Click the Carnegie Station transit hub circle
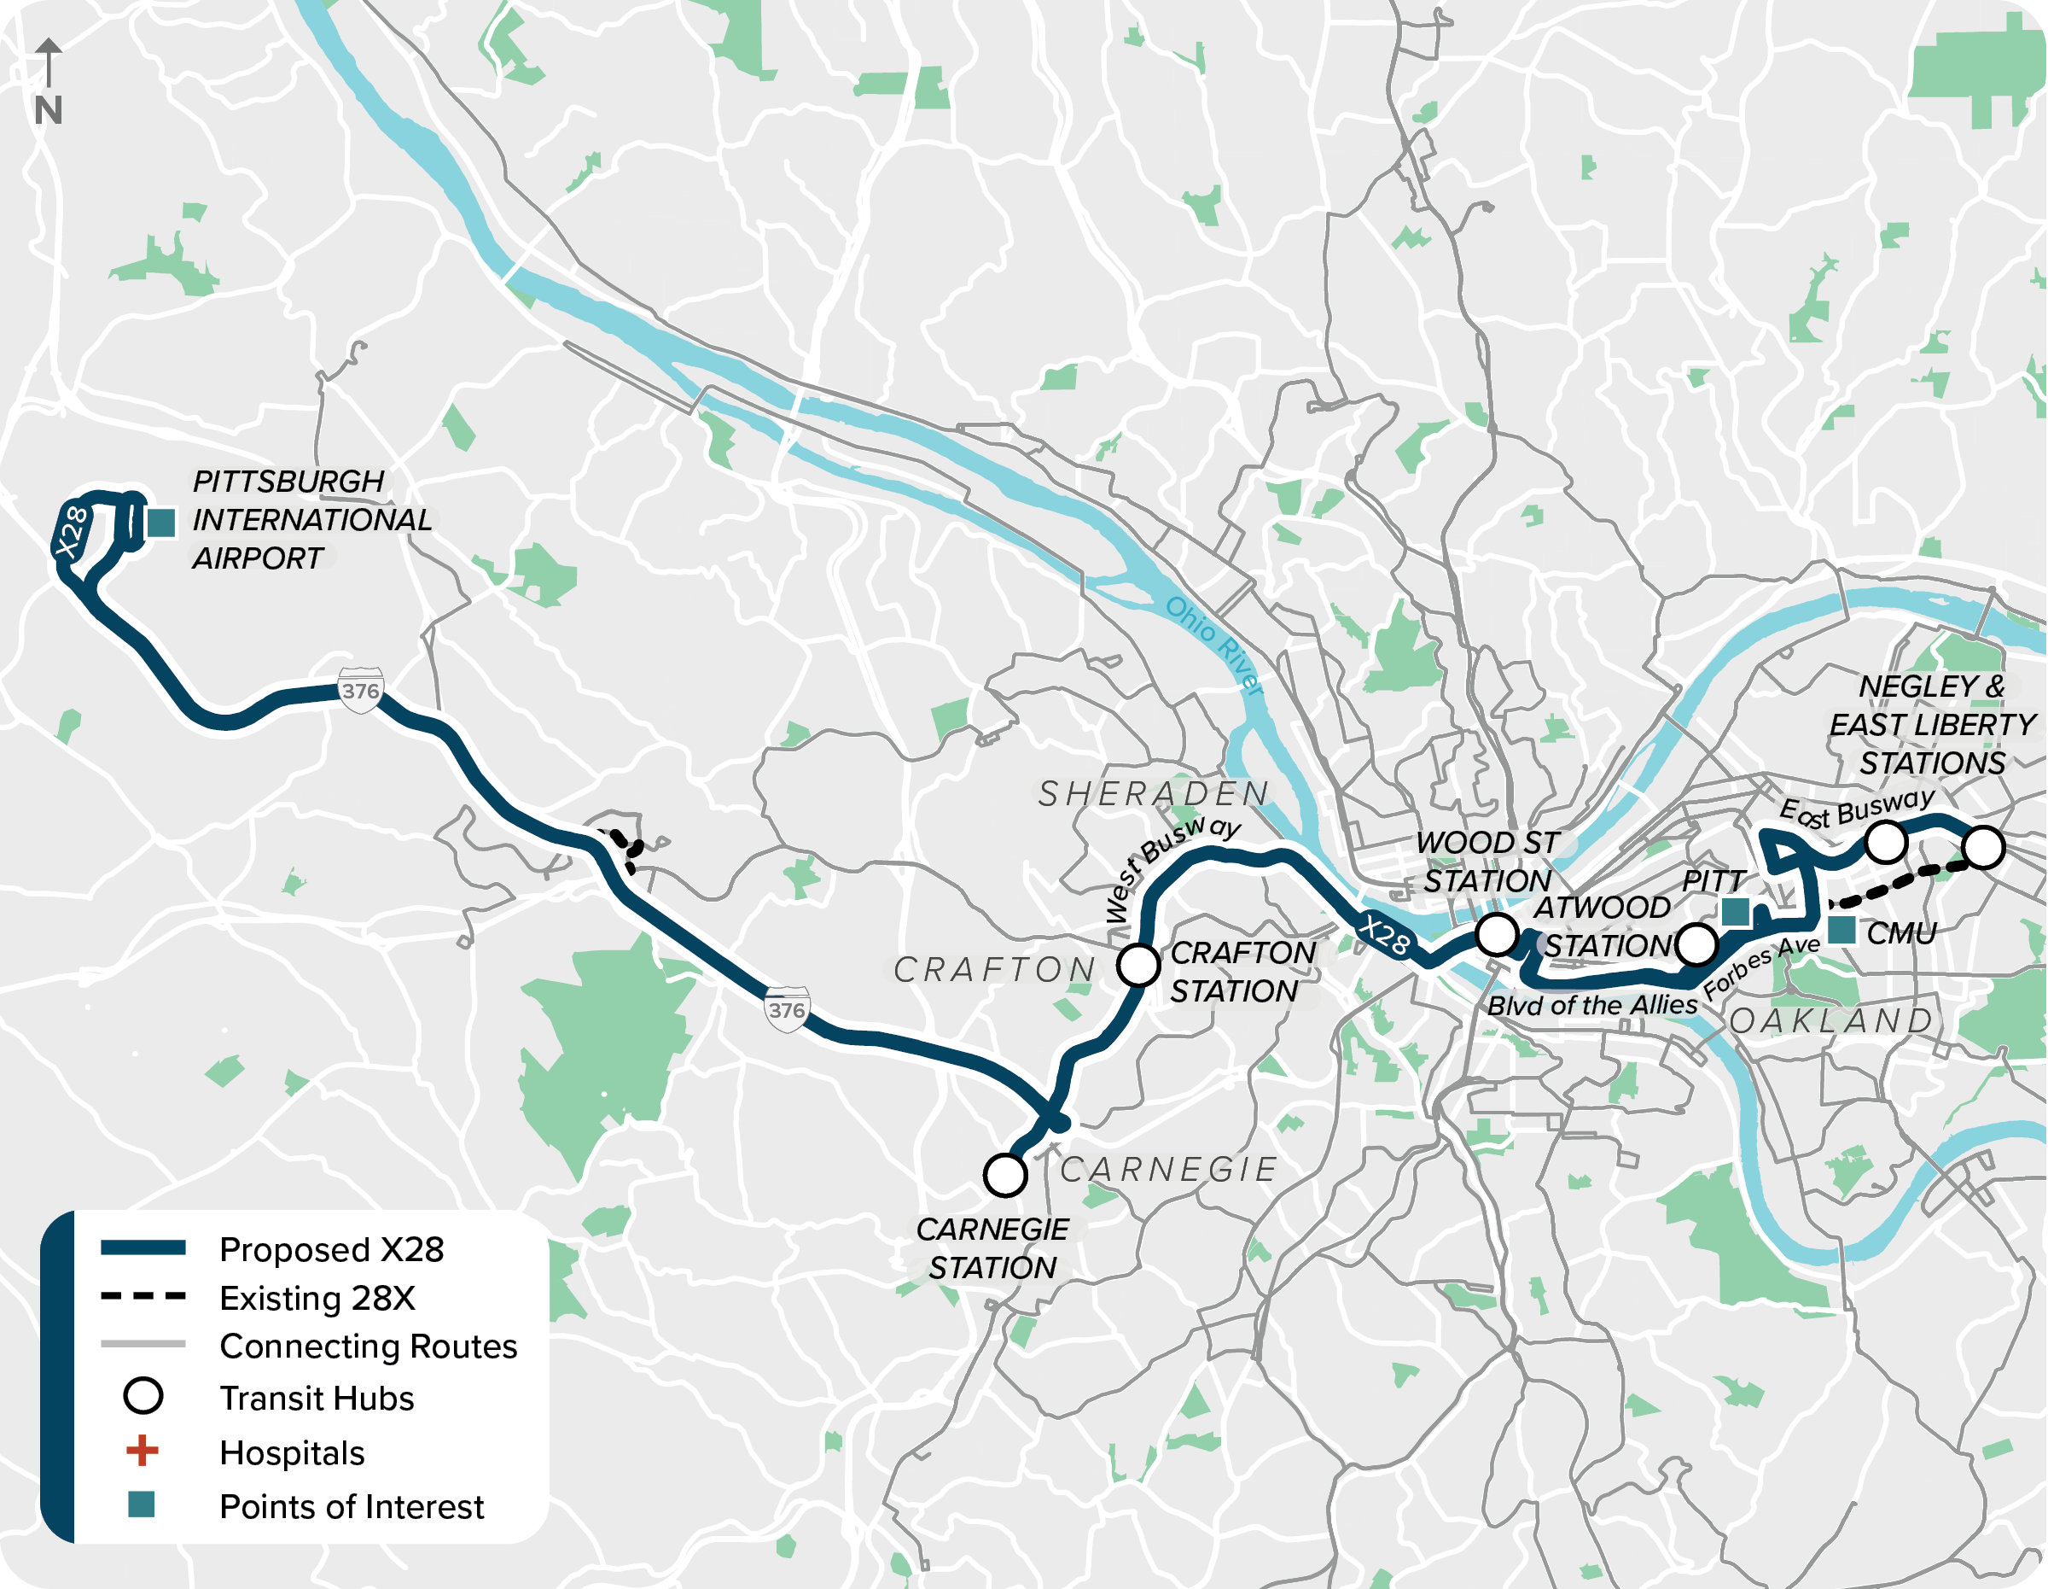point(1004,1174)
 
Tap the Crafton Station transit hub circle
point(1138,964)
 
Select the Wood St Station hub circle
point(1497,934)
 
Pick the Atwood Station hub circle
point(1696,943)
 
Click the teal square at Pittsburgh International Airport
point(161,523)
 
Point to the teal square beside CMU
point(1841,931)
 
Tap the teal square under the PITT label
point(1736,912)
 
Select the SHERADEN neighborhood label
point(1155,793)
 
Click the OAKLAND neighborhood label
point(1831,1020)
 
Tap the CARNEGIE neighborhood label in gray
point(1168,1170)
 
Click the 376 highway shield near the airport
point(361,692)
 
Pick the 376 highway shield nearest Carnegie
point(787,1009)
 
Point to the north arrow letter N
point(48,111)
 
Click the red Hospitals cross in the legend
point(143,1452)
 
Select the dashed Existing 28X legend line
point(143,1297)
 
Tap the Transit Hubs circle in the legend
point(143,1396)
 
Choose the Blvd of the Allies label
point(1591,1006)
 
